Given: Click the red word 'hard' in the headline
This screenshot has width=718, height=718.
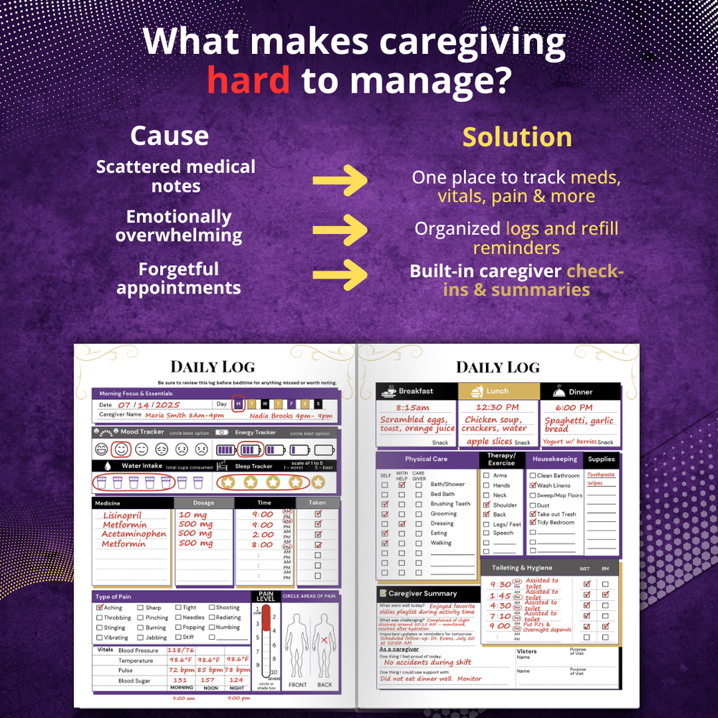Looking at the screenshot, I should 248,80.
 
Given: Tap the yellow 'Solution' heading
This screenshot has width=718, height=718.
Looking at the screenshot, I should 517,136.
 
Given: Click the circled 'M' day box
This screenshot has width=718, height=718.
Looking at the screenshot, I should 239,404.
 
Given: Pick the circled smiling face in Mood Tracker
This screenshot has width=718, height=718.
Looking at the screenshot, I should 121,449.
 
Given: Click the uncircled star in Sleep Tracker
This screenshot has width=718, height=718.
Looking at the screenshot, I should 318,482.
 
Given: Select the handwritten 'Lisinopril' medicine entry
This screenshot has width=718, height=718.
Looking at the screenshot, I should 122,516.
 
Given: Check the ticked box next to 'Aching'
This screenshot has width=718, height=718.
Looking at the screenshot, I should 100,607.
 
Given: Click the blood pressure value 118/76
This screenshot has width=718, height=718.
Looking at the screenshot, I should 181,651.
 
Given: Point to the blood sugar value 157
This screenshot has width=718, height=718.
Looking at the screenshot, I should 208,680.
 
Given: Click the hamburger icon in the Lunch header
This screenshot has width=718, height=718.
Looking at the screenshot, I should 476,391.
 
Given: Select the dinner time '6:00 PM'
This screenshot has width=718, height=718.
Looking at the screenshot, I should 573,408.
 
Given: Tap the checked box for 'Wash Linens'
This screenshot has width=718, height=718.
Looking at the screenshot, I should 533,485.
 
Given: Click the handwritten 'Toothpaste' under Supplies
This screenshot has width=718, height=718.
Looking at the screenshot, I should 600,475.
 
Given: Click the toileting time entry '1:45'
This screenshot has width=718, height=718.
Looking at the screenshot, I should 501,596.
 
